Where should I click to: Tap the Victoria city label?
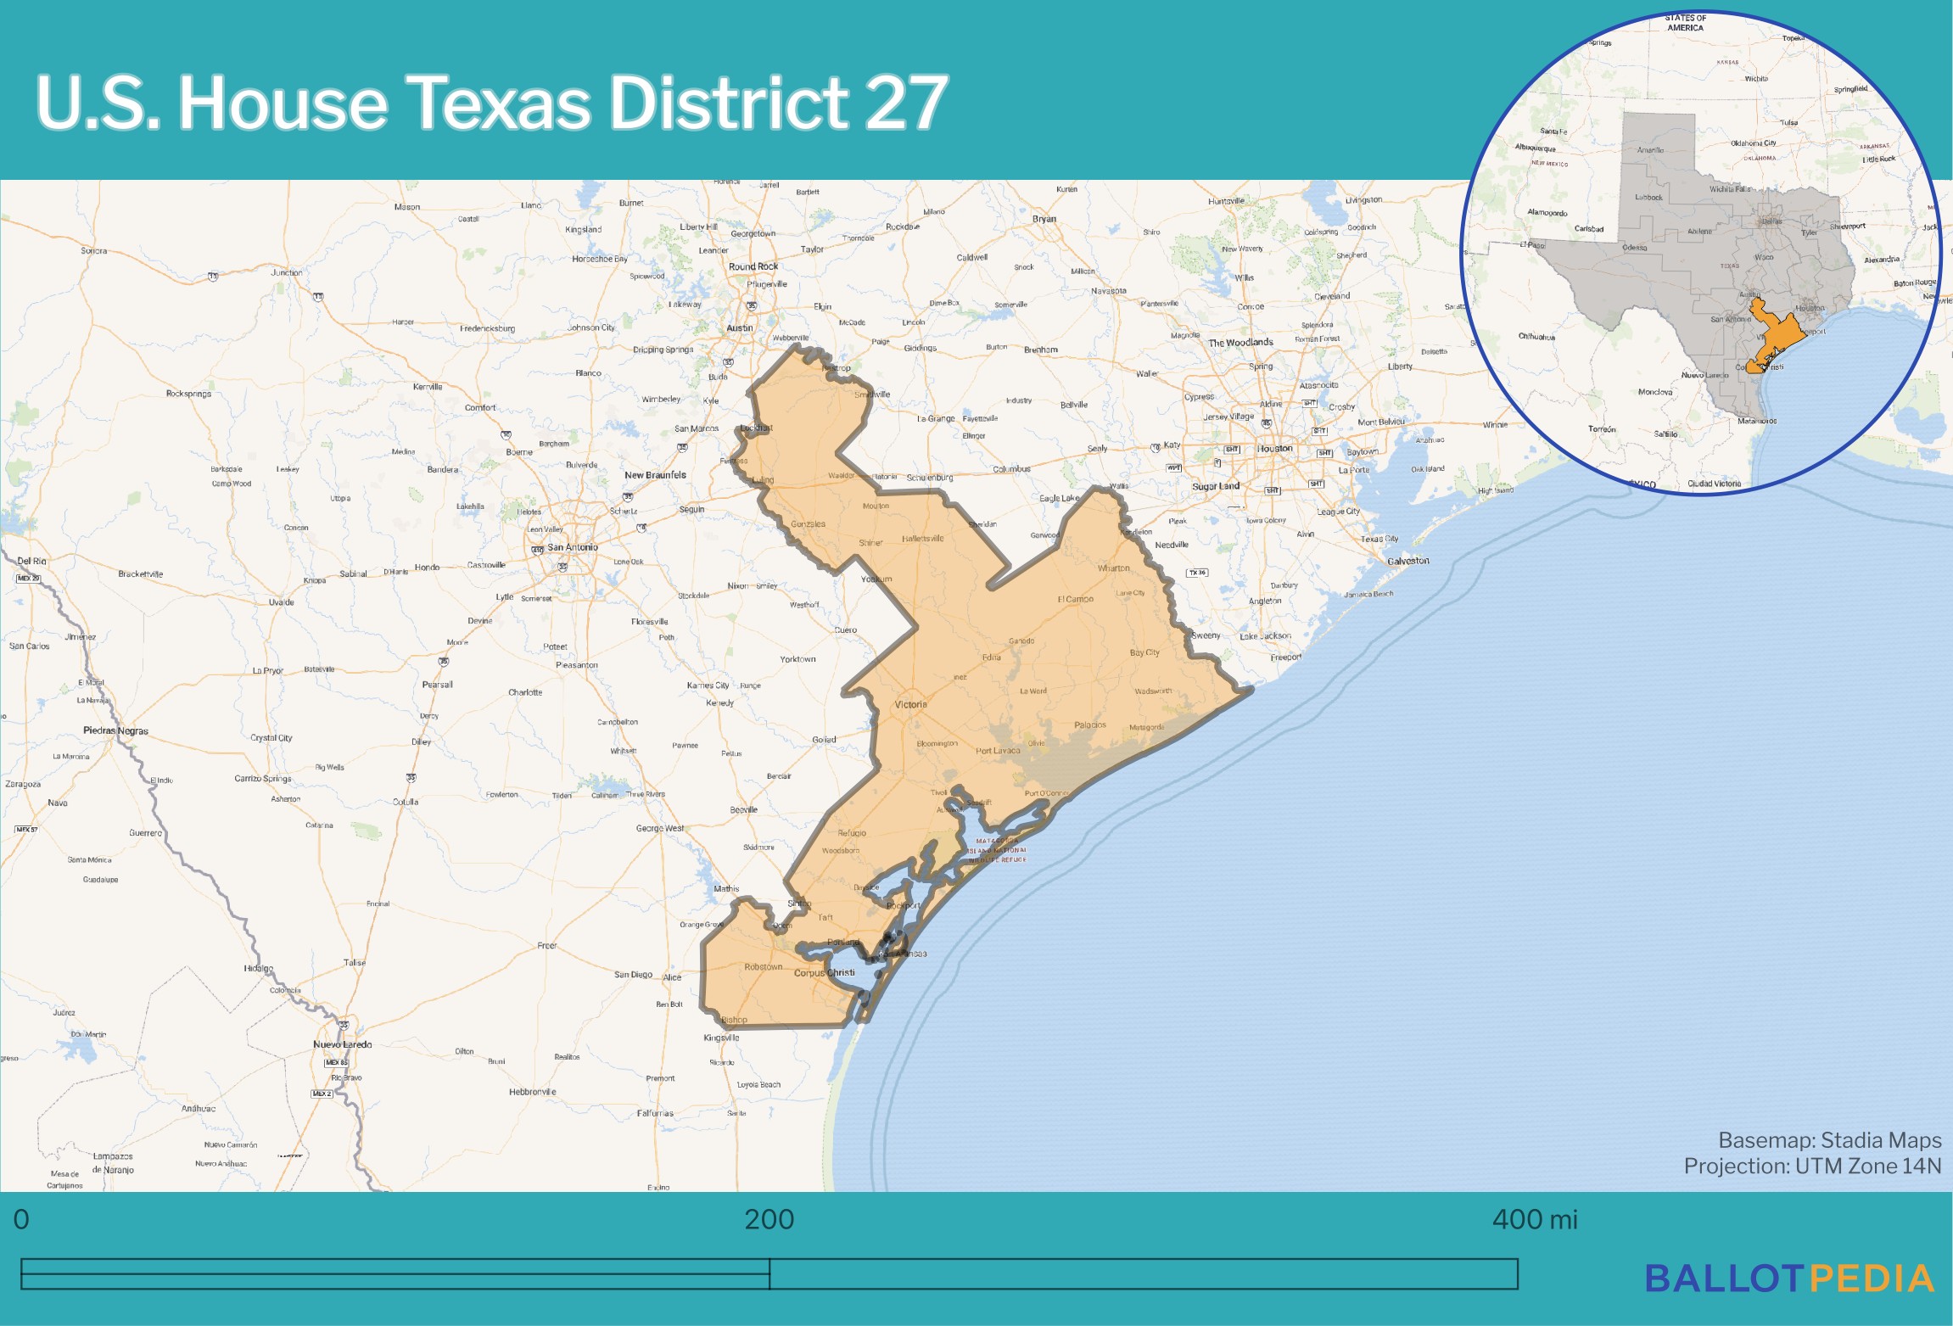click(910, 705)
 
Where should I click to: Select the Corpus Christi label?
click(824, 973)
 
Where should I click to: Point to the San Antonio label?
click(573, 547)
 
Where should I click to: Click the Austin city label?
click(739, 328)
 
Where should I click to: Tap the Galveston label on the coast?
click(1408, 561)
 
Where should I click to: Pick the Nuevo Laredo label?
click(342, 1044)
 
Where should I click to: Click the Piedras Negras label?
click(115, 730)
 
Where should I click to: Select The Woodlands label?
click(1240, 343)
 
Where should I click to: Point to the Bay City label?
click(1144, 652)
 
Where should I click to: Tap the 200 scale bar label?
click(769, 1220)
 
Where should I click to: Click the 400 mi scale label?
click(1534, 1220)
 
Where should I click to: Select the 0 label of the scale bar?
click(21, 1220)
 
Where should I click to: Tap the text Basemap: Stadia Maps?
click(1829, 1140)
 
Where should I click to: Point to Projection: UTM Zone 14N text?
click(1812, 1167)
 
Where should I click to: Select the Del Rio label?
click(31, 562)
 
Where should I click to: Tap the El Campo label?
click(1075, 599)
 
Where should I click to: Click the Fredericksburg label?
click(487, 328)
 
